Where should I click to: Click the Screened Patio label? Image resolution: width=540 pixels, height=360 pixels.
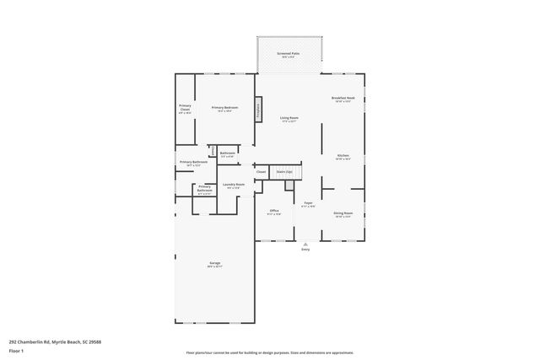click(x=289, y=56)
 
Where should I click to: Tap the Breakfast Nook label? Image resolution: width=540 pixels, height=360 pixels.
click(x=343, y=99)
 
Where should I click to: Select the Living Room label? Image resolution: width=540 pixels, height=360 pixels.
click(x=289, y=120)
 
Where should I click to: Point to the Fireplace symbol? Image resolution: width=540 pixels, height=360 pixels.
click(x=259, y=109)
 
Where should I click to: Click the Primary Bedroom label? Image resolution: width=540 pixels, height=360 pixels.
click(x=224, y=109)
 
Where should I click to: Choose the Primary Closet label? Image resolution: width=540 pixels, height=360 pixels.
click(x=185, y=109)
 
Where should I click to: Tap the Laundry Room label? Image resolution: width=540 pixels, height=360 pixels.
click(x=234, y=185)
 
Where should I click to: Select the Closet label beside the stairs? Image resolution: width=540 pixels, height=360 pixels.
click(x=261, y=172)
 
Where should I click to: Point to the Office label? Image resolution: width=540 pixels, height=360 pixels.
click(x=274, y=212)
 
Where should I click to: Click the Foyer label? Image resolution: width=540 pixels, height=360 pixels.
click(x=309, y=205)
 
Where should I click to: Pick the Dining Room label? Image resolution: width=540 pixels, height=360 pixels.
click(x=343, y=214)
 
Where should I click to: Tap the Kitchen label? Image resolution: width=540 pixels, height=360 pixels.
click(x=343, y=157)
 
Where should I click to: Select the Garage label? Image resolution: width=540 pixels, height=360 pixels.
click(x=215, y=265)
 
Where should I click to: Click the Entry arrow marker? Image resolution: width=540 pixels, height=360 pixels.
click(x=305, y=244)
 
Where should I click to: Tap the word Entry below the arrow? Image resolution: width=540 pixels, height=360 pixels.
click(x=305, y=250)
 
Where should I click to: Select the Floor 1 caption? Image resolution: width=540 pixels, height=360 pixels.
click(x=15, y=351)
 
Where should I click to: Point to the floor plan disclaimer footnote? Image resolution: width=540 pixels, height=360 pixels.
click(x=270, y=352)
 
